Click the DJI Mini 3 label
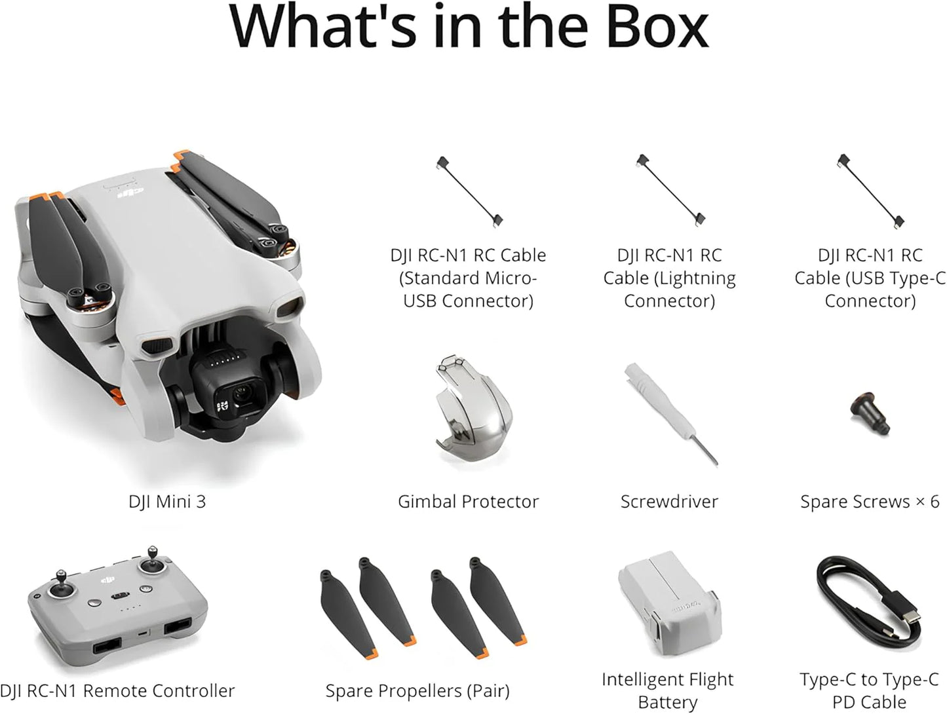coord(167,502)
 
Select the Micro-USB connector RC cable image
coord(469,191)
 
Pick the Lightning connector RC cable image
coord(670,191)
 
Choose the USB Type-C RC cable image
coord(870,191)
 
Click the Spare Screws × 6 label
coord(870,502)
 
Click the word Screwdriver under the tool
coord(669,502)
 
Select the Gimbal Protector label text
coord(468,502)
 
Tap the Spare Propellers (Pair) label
coord(417,691)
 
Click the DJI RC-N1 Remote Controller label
coord(118,691)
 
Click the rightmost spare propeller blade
coord(497,603)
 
